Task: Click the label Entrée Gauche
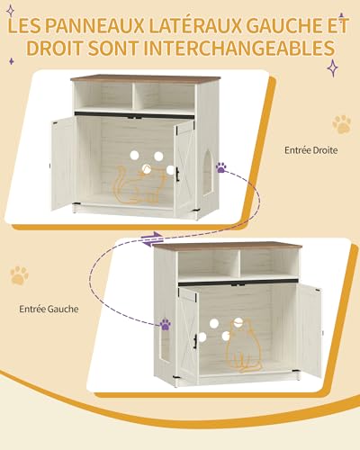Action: [49, 309]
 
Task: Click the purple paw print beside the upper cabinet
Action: [220, 166]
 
